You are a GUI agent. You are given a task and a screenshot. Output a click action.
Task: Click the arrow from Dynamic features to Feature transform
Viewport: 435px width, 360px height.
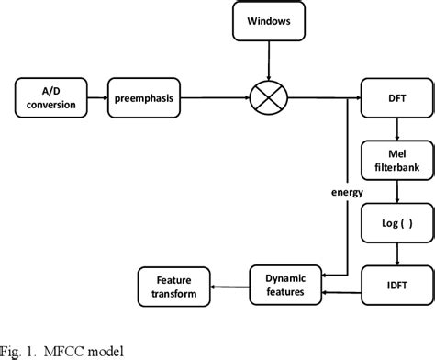point(227,287)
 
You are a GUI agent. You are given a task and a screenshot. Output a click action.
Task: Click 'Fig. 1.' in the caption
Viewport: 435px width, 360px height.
point(20,349)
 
